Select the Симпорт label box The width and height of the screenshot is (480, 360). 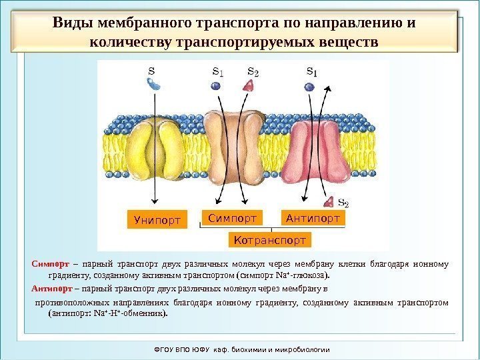[231, 217]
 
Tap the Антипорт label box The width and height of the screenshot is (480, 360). [313, 217]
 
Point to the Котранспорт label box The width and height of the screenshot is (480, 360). [270, 239]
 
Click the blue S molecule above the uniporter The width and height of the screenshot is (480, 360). [153, 83]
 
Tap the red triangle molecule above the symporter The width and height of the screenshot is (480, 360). [249, 85]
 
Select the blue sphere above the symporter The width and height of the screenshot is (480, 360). [215, 85]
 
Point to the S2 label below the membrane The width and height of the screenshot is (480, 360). [343, 202]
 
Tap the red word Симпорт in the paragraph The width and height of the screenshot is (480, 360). [45, 261]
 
